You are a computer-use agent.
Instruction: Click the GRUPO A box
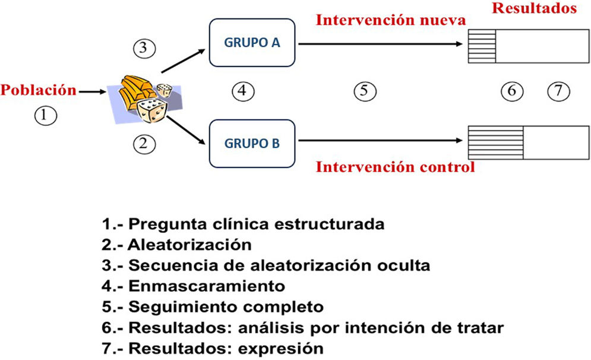253,43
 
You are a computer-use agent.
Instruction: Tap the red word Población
39,91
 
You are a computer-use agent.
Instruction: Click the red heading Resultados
534,9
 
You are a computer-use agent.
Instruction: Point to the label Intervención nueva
390,20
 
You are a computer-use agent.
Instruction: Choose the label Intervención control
395,167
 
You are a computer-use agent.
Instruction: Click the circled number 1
45,115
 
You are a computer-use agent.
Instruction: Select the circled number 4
242,91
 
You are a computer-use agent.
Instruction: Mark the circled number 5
365,91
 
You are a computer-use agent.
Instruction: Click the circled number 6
511,91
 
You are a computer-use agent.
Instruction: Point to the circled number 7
558,91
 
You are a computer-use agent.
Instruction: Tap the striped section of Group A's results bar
481,46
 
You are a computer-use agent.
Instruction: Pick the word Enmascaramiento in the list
206,286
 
